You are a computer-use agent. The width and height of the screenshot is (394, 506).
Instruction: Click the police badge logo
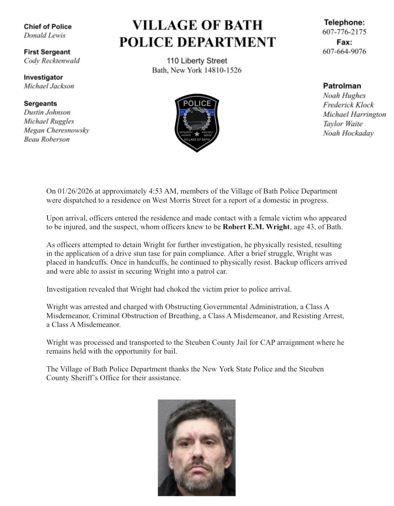coord(197,123)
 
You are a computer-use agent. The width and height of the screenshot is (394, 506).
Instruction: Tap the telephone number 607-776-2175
coord(344,32)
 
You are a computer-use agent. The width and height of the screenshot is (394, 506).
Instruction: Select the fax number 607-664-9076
coord(344,51)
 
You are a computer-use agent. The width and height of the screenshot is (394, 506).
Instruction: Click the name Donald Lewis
coord(45,35)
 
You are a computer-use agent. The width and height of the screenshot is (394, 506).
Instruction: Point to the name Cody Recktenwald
coord(51,61)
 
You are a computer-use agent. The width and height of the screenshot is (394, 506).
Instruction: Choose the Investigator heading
coord(43,77)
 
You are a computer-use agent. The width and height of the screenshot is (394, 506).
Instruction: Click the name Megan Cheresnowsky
coord(57,130)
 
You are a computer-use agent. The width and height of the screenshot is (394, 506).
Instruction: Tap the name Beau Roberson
coord(47,139)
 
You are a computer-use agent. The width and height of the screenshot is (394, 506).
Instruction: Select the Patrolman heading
coord(342,86)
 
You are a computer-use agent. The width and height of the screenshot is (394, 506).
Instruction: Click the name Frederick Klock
coord(348,105)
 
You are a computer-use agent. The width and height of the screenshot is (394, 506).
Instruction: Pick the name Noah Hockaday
coord(348,133)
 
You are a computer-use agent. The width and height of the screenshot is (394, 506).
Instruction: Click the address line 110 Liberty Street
coord(197,61)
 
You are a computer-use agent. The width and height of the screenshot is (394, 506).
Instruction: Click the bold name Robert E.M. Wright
coord(256,227)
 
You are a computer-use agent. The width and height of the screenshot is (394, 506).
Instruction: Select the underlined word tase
coord(154,254)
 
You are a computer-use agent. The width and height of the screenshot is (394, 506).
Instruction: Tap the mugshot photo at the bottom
coord(197,448)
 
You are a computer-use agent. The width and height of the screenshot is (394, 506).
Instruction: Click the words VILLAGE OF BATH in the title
coord(197,25)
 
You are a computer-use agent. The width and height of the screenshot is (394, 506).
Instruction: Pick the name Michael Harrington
coord(354,115)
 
